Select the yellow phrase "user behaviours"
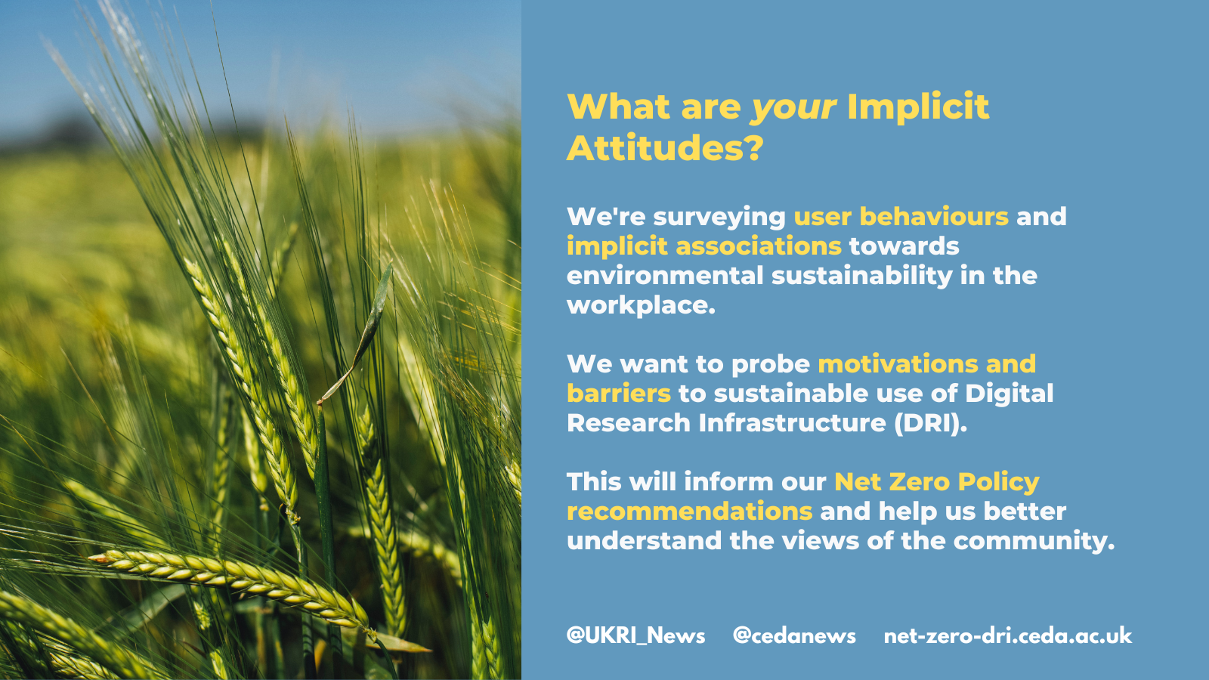[901, 216]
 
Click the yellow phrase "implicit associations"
[703, 246]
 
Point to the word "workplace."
[641, 306]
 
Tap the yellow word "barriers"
[619, 394]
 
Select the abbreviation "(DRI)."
[930, 423]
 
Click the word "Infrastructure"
[793, 423]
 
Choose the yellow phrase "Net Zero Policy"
[936, 482]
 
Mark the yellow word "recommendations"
[689, 511]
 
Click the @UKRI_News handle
[635, 635]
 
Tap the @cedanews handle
[794, 635]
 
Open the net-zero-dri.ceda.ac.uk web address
[1008, 635]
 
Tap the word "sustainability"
[862, 276]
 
